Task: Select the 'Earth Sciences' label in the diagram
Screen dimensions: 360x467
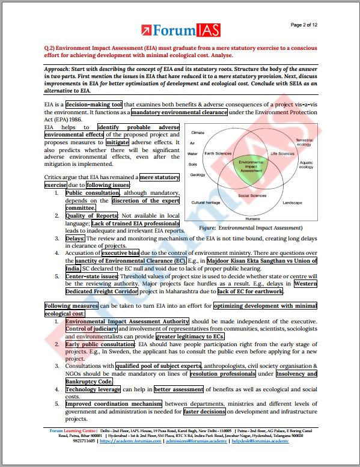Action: (x=218, y=153)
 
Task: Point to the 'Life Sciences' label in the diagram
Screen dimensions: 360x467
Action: (x=282, y=153)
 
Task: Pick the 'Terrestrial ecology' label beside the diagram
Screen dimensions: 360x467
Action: (x=304, y=142)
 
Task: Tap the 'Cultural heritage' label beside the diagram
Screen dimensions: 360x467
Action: (x=206, y=203)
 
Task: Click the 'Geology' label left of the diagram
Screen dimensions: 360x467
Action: (x=198, y=175)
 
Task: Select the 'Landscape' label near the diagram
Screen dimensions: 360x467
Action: (x=292, y=203)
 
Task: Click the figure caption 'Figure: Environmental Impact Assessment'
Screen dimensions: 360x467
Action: (x=251, y=228)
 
